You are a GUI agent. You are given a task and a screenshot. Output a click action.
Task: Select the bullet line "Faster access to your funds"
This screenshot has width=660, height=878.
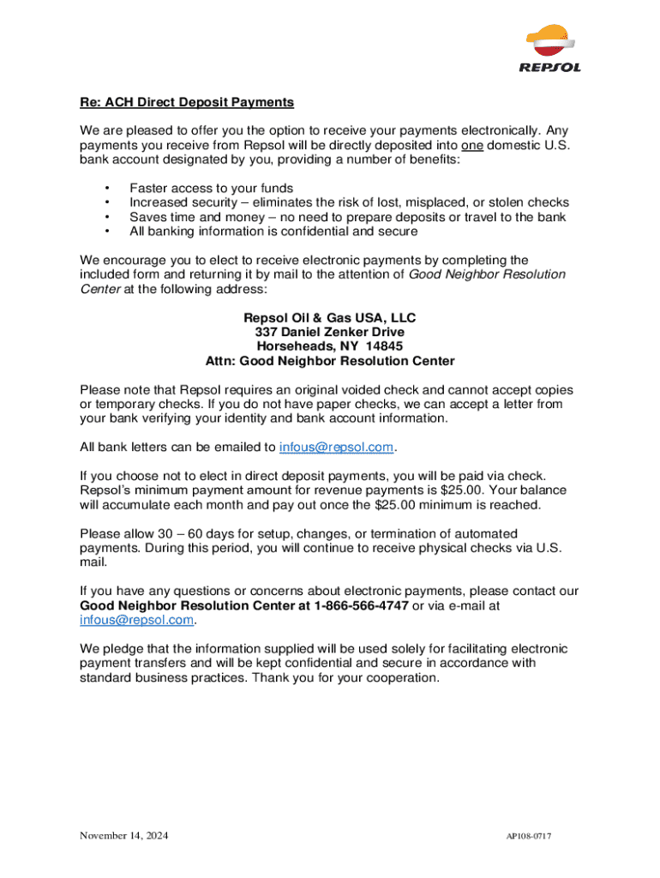211,188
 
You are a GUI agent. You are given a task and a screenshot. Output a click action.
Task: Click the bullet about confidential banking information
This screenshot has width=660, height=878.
273,232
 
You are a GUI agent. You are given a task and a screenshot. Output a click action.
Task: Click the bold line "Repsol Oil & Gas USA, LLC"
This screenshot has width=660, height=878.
330,318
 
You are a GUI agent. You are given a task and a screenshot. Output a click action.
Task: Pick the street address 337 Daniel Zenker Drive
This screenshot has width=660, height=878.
330,333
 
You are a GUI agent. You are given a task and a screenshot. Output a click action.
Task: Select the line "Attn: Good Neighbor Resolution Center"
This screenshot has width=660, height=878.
330,361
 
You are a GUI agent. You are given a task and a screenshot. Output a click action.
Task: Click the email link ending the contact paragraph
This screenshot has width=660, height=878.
137,620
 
